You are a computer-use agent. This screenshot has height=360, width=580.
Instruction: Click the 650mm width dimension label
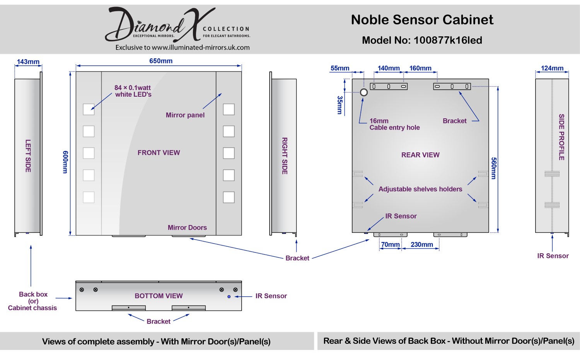click(x=161, y=61)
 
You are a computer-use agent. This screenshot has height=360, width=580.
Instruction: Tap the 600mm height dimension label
click(x=65, y=162)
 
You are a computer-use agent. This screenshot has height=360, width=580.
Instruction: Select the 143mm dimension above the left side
click(x=28, y=62)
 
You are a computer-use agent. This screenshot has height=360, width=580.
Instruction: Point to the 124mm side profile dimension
click(x=552, y=68)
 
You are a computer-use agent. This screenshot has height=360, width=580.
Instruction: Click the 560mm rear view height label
click(x=494, y=168)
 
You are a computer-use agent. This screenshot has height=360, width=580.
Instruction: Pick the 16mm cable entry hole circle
click(x=364, y=92)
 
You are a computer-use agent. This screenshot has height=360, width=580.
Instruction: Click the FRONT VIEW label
click(x=159, y=153)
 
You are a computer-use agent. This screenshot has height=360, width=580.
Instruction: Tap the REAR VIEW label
click(x=420, y=155)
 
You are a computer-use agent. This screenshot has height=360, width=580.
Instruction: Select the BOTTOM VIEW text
click(x=159, y=296)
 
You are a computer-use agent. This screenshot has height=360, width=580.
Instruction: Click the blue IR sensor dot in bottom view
click(x=229, y=297)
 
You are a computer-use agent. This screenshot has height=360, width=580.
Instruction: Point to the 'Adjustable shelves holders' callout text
click(x=420, y=189)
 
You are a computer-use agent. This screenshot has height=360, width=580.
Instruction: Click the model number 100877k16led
click(x=448, y=40)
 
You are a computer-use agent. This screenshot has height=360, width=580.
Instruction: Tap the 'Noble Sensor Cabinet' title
click(x=422, y=20)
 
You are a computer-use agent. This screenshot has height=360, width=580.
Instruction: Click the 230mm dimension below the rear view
click(x=421, y=245)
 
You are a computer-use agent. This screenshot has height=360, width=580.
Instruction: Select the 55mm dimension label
click(x=340, y=68)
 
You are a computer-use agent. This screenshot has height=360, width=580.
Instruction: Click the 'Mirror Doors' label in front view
click(x=187, y=228)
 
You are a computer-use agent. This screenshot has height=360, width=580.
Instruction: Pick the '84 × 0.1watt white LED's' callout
click(x=133, y=91)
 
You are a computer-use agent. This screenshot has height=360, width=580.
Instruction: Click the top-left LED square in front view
click(x=89, y=109)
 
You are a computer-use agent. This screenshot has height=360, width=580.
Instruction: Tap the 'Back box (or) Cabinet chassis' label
click(x=32, y=301)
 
